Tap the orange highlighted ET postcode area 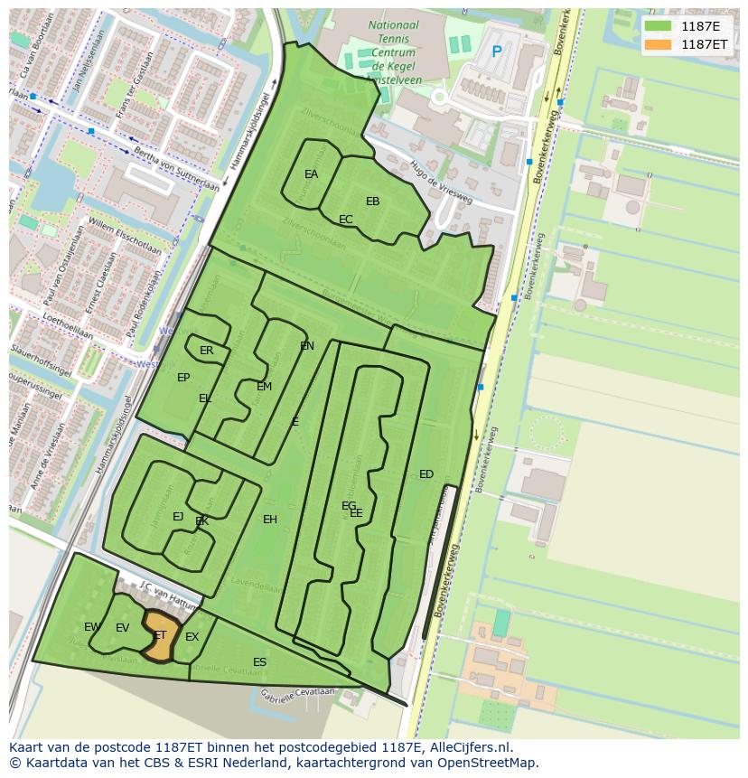click(160, 639)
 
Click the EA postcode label click(311, 174)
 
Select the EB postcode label click(372, 202)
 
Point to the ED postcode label click(426, 474)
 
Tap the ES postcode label click(259, 662)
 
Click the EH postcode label click(270, 520)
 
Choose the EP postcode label click(183, 378)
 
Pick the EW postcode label click(91, 627)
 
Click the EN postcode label click(307, 346)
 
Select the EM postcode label click(264, 387)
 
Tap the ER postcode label click(207, 351)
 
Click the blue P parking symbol click(496, 52)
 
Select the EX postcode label click(192, 637)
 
